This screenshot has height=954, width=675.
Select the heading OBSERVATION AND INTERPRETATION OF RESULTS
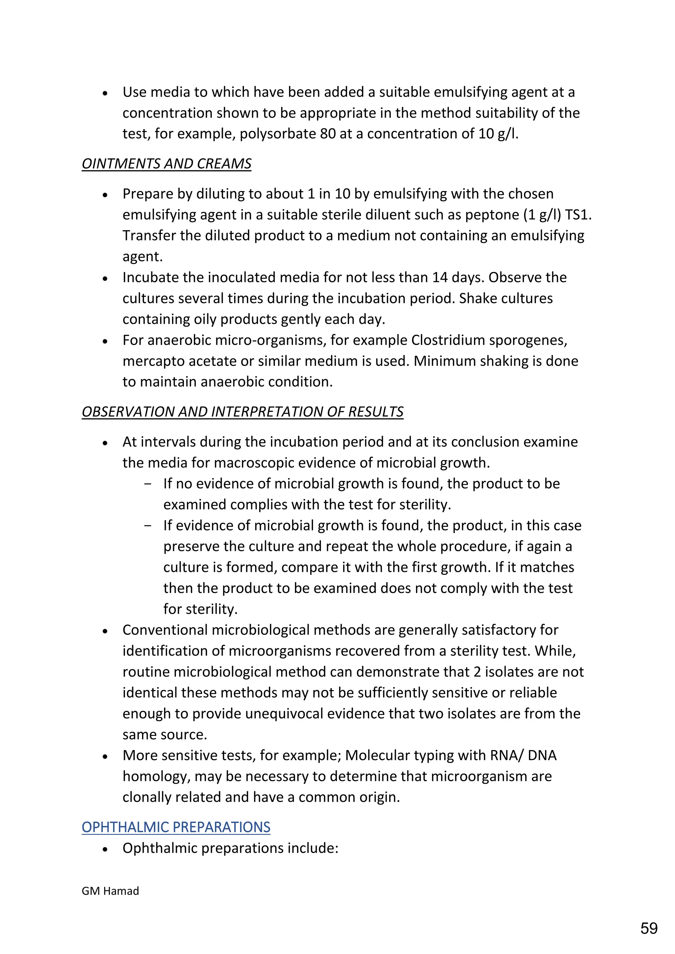[242, 412]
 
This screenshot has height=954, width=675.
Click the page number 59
[649, 928]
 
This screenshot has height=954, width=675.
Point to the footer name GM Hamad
[110, 891]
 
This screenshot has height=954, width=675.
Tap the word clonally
[147, 797]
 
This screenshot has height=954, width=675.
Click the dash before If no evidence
[148, 484]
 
